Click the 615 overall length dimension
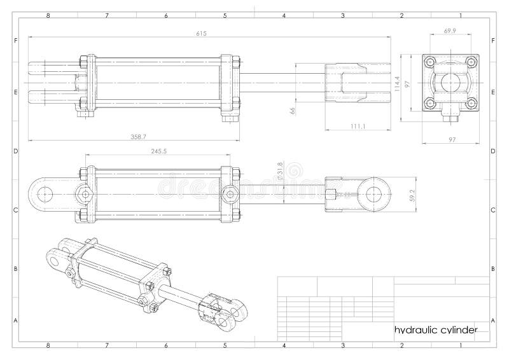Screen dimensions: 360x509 (x=202, y=33)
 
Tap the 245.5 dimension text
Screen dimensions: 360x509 (x=158, y=151)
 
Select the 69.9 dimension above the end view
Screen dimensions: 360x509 (x=450, y=31)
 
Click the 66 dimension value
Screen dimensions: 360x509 (x=293, y=110)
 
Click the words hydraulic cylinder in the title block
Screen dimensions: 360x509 (x=436, y=329)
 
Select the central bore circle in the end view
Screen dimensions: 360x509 (x=450, y=83)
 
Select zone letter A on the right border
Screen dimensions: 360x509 (x=494, y=321)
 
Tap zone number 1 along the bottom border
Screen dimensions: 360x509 (x=460, y=346)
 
